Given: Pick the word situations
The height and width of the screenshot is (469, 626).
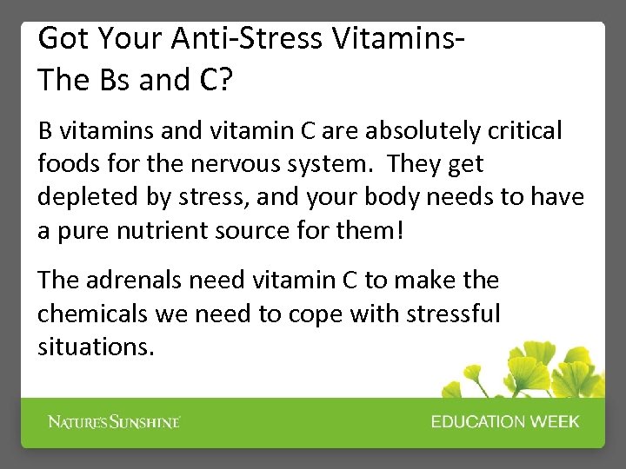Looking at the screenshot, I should [96, 347].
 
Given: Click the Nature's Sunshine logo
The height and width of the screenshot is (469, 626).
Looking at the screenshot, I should [113, 422].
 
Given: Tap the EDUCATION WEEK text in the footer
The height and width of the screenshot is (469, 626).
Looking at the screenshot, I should [504, 422].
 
